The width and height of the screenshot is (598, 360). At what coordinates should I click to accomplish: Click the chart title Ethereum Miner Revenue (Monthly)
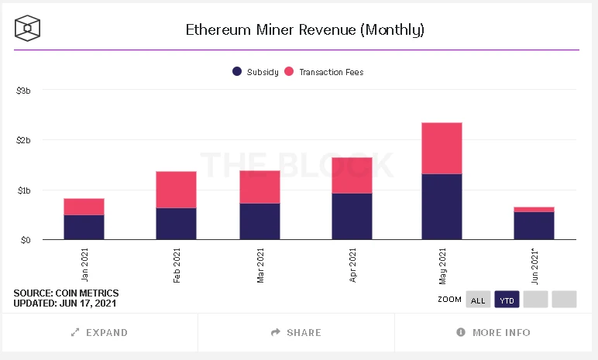[304, 30]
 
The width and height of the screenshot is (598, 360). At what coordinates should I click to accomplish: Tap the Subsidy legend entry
[256, 72]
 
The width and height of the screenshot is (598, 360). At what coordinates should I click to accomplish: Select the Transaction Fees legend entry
[325, 72]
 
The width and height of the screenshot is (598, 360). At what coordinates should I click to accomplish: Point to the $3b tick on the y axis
[23, 91]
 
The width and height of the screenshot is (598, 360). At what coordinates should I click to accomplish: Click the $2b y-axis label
[23, 140]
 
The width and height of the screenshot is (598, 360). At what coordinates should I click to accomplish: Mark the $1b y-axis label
[23, 190]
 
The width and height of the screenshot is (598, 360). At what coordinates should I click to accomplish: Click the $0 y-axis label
[25, 240]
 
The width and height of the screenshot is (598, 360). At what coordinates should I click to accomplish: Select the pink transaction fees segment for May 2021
[442, 148]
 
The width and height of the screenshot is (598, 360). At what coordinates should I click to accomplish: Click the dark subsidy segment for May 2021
[442, 207]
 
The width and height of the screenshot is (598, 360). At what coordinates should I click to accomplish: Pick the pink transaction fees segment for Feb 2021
[176, 190]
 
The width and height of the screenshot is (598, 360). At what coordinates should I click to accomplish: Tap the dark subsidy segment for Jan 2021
[84, 227]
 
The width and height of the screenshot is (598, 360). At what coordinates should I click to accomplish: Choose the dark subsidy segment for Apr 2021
[352, 216]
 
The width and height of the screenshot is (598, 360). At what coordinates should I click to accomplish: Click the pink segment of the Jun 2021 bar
[534, 209]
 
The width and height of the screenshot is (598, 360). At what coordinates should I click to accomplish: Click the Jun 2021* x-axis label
[534, 265]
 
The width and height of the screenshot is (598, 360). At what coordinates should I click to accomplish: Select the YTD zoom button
[507, 300]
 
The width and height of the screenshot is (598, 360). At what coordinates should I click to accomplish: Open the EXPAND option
[99, 332]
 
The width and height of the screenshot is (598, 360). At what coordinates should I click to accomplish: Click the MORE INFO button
[494, 332]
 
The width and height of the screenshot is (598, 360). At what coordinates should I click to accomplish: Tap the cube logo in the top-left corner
[27, 29]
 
